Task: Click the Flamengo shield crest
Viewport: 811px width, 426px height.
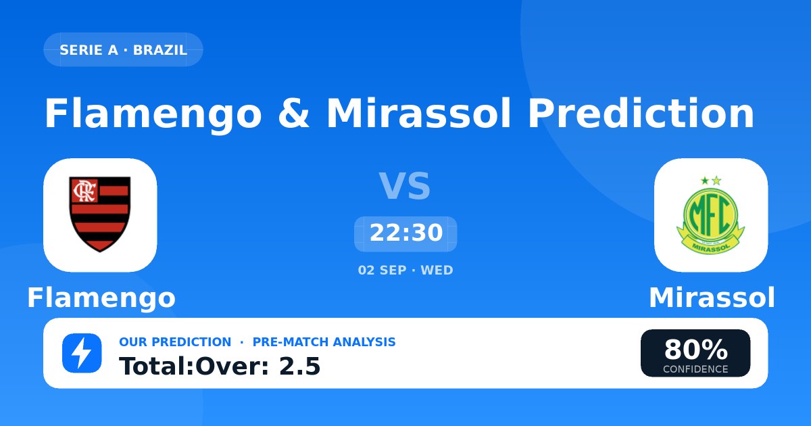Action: [x=100, y=214]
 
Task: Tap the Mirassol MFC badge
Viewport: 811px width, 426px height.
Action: [x=711, y=215]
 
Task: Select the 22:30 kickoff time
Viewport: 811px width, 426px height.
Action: [x=406, y=233]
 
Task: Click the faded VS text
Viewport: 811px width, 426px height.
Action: [x=405, y=186]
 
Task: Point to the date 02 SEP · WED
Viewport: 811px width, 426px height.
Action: [x=405, y=270]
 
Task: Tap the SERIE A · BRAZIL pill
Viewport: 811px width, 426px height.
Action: [x=123, y=49]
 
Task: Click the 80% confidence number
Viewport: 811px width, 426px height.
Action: [x=695, y=350]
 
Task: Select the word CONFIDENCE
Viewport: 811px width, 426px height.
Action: [x=695, y=369]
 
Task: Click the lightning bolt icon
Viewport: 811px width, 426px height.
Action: [x=82, y=353]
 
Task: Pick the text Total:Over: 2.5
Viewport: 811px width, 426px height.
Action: [x=220, y=366]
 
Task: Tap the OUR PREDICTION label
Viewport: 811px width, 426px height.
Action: [x=175, y=342]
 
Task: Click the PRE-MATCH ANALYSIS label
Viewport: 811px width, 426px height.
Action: [x=324, y=342]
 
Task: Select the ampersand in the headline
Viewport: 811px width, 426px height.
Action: [x=293, y=113]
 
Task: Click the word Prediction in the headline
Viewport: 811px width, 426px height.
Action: [x=641, y=113]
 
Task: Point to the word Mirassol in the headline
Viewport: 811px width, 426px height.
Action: [x=419, y=113]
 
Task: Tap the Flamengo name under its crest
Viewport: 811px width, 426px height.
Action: [x=101, y=298]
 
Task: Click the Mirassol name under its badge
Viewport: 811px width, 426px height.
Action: [x=712, y=298]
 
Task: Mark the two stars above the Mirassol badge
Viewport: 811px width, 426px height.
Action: [x=711, y=181]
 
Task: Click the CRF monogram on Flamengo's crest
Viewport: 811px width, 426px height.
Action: [x=84, y=191]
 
